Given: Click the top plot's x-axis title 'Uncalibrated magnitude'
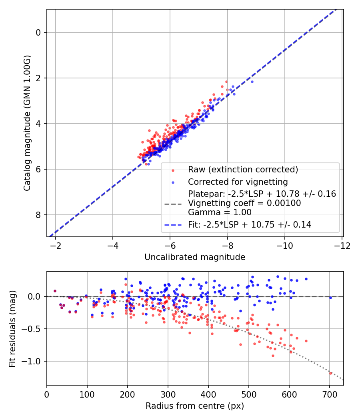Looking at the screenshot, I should [x=195, y=257].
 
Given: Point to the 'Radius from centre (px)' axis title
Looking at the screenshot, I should [x=195, y=406].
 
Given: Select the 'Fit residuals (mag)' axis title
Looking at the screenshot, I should [x=12, y=328].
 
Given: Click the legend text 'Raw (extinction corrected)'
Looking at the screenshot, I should [x=243, y=170].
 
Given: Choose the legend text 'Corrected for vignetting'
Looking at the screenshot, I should [x=238, y=182].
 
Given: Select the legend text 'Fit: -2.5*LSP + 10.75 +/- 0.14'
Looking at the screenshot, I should [x=250, y=225].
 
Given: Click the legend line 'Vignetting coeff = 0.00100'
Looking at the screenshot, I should [x=244, y=203].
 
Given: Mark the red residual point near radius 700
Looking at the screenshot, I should [x=331, y=373].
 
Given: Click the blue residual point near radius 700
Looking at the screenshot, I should [x=330, y=298].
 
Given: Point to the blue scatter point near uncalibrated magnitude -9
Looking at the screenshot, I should [x=252, y=82].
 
